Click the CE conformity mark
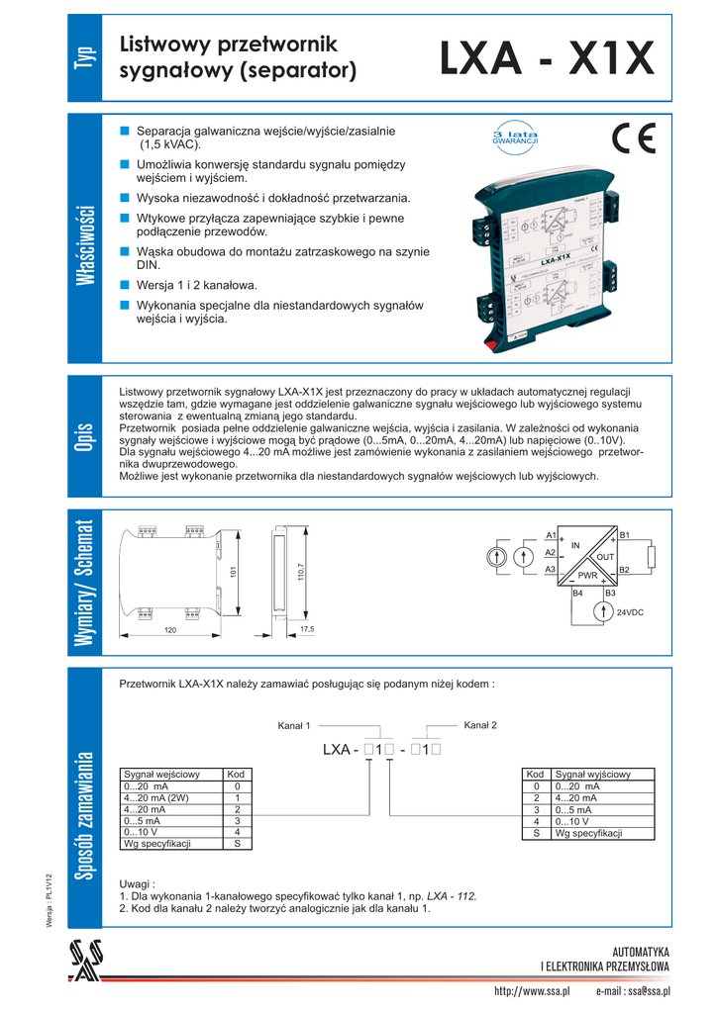click(x=633, y=138)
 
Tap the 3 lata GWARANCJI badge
click(x=514, y=138)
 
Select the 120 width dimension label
click(x=171, y=629)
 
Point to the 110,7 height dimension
click(x=299, y=573)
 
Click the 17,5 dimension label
click(x=306, y=629)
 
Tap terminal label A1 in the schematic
click(x=551, y=535)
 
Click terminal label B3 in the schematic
click(x=610, y=593)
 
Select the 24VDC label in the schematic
click(x=631, y=613)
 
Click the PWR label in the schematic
click(x=587, y=575)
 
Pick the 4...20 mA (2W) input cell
click(x=159, y=797)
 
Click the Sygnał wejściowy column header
click(x=161, y=774)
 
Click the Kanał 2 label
click(x=480, y=725)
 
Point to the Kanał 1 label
click(x=294, y=726)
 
